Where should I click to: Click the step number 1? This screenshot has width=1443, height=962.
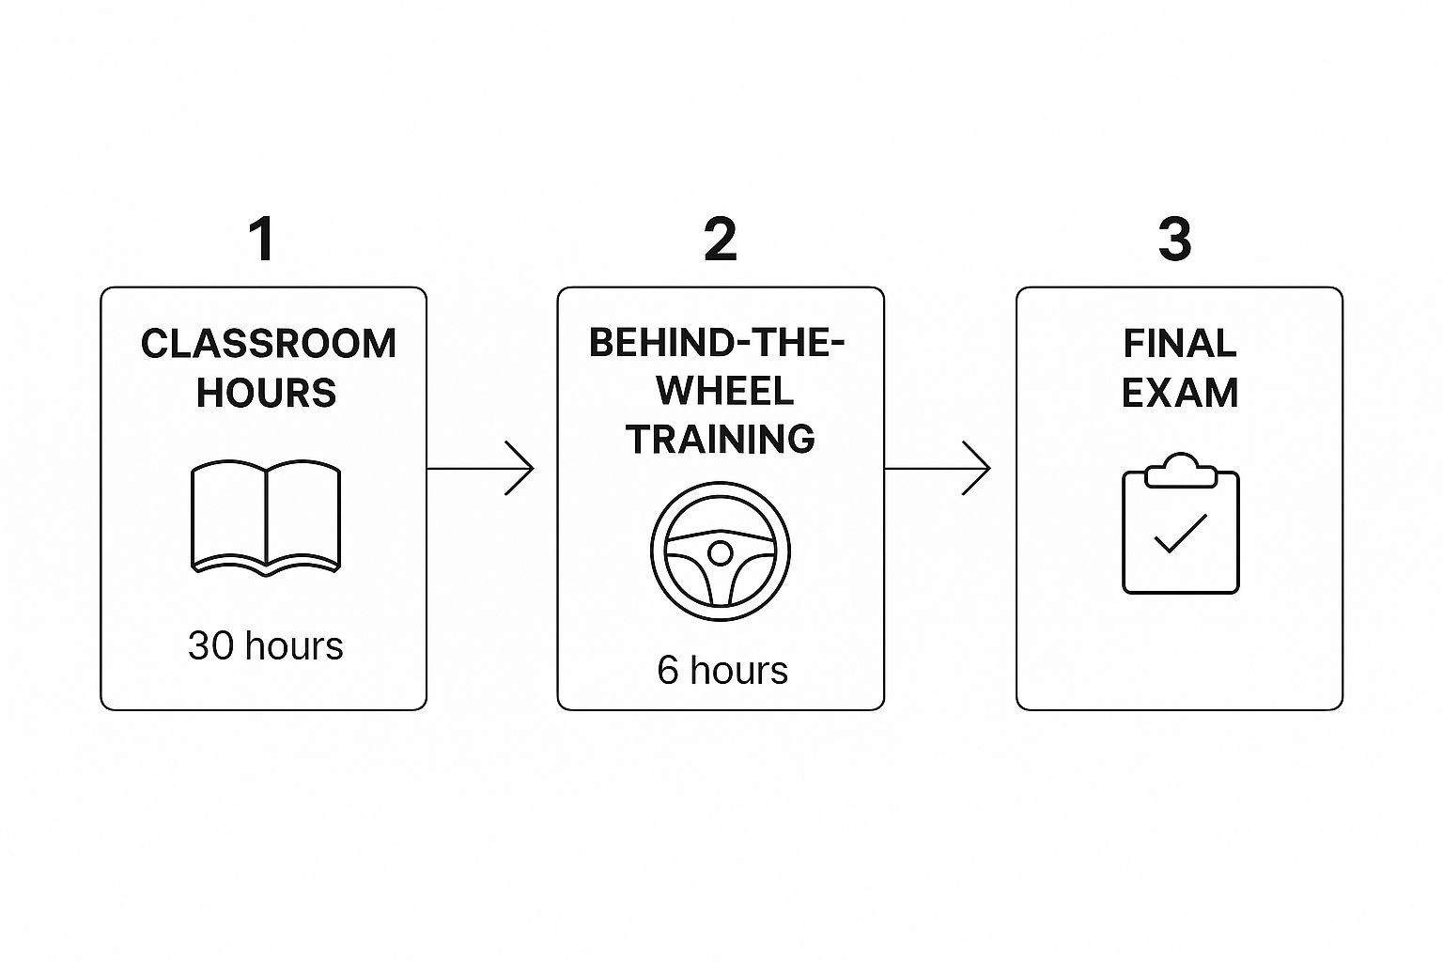pos(262,240)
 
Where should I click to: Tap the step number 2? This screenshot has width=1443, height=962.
pos(721,240)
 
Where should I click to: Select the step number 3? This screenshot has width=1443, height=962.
pos(1175,240)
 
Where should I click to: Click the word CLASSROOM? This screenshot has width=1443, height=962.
pos(268,344)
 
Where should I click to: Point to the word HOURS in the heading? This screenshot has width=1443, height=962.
pos(266,393)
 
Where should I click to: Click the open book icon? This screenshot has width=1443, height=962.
pos(266,517)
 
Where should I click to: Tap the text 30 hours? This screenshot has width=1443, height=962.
pos(266,646)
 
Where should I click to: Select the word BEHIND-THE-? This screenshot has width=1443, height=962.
pos(717,343)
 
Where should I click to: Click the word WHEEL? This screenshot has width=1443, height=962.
pos(724,391)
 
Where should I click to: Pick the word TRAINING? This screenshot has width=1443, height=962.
pos(721,440)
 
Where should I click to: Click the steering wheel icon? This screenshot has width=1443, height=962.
pos(721,551)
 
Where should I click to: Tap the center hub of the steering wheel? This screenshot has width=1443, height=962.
pos(721,553)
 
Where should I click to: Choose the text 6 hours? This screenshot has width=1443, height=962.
pos(722,671)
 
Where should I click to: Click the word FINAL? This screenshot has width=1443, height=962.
pos(1180,344)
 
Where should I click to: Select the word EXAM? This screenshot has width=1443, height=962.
pos(1180,393)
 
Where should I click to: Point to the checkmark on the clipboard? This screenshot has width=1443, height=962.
pos(1180,534)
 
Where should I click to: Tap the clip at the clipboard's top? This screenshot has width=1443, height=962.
pos(1181,469)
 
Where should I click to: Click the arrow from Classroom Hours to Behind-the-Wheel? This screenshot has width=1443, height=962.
pos(480,468)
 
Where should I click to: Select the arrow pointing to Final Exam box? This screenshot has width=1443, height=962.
pos(938,468)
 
